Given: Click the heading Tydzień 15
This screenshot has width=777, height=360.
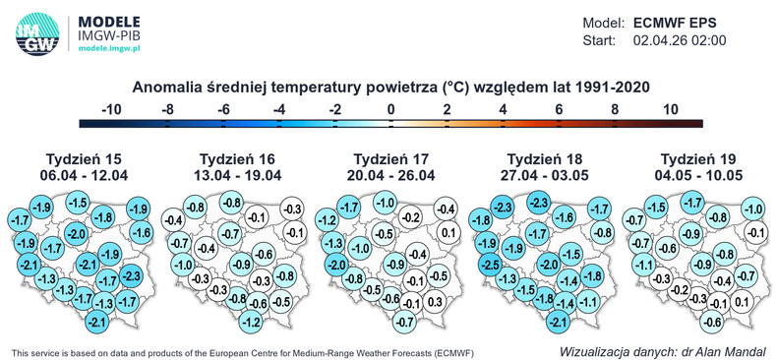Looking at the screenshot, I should (x=87, y=159).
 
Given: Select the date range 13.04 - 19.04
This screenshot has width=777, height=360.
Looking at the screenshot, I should (x=240, y=175).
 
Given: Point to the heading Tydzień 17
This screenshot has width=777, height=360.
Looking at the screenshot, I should (x=392, y=159).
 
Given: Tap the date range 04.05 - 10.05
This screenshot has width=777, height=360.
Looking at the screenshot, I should (x=700, y=175).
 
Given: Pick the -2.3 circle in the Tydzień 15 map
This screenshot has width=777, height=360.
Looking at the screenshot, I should (x=134, y=274).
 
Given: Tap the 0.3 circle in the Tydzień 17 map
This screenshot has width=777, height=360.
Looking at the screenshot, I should (x=435, y=302).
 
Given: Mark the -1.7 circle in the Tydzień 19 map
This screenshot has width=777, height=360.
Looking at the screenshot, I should (x=690, y=204).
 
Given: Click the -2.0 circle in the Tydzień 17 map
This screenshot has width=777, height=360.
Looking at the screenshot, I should (x=334, y=264).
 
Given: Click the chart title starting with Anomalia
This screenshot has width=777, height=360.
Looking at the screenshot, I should (x=390, y=87).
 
